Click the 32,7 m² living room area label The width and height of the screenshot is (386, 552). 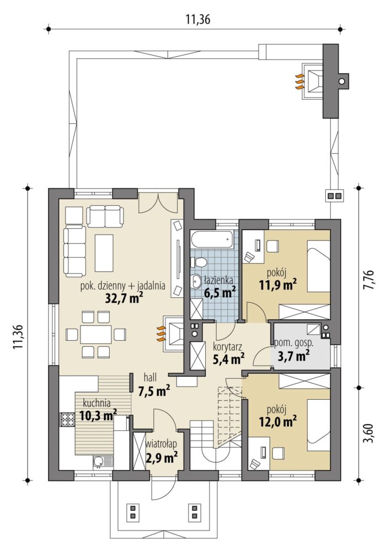click(124, 298)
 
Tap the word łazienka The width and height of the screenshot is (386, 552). click(218, 281)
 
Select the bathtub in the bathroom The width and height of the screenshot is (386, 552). click(212, 239)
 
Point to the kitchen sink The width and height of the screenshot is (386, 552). click(103, 462)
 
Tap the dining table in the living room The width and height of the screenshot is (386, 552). click(96, 334)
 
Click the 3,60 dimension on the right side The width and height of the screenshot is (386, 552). click(369, 434)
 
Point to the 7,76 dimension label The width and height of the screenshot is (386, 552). click(369, 280)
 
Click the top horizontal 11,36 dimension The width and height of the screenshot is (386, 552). click(198, 20)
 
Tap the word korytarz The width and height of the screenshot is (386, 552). click(227, 346)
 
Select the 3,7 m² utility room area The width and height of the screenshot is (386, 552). click(294, 356)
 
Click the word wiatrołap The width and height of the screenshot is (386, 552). click(161, 444)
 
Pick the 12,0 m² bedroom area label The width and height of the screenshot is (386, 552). click(277, 421)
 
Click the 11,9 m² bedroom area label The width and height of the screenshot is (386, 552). click(277, 284)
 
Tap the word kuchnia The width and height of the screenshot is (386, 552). click(96, 403)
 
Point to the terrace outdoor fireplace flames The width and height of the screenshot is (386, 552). click(299, 81)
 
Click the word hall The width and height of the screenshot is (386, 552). click(150, 378)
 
